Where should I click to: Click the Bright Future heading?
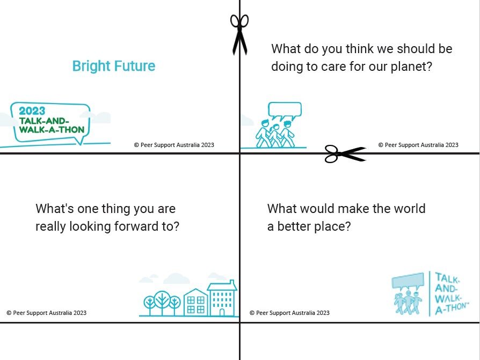[x=114, y=67]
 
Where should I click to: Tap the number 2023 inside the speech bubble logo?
[x=32, y=111]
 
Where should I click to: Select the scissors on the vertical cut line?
[x=239, y=34]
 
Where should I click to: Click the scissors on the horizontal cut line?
[x=345, y=153]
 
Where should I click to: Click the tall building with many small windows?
[x=222, y=298]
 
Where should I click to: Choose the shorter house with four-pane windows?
[x=196, y=303]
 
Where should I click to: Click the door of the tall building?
[x=222, y=312]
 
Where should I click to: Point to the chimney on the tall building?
[x=232, y=282]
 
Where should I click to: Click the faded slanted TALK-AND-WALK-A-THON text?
[x=451, y=293]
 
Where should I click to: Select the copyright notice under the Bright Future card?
[x=174, y=145]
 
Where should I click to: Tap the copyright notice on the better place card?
[x=289, y=313]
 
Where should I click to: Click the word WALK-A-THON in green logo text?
[x=52, y=130]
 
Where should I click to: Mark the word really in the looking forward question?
[x=50, y=227]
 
